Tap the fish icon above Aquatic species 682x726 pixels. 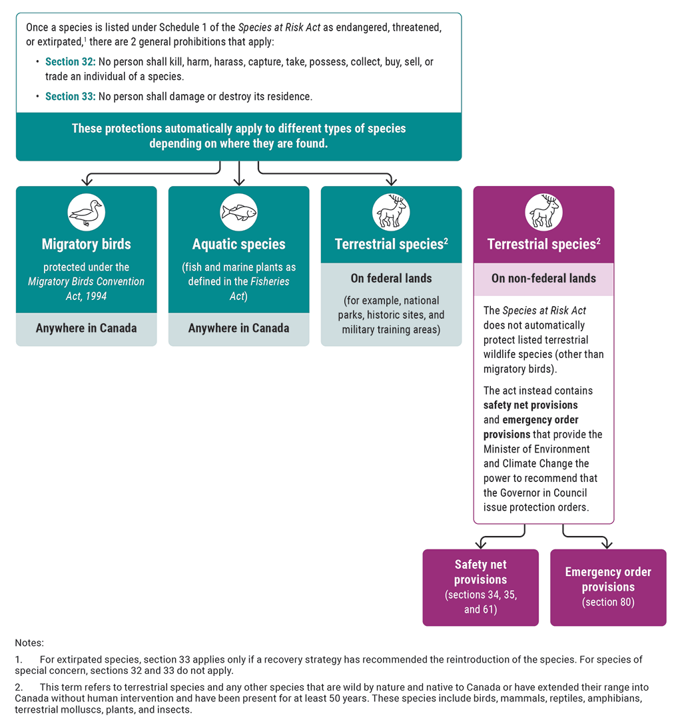(x=238, y=213)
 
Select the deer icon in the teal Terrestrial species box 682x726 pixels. (x=391, y=213)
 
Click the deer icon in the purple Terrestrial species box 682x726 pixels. (x=543, y=213)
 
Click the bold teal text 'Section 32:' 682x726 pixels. (x=71, y=62)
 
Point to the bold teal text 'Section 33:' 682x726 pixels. (x=71, y=97)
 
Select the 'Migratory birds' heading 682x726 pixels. (x=87, y=245)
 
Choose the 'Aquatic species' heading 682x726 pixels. (x=238, y=245)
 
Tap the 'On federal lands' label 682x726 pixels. (x=391, y=279)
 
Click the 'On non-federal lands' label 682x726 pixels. (x=543, y=279)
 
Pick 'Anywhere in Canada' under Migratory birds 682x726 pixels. (x=87, y=329)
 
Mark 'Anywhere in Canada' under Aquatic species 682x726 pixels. (x=238, y=329)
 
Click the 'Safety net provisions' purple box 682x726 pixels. (x=480, y=587)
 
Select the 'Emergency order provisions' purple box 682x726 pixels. (x=608, y=587)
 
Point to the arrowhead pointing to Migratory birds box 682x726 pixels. (x=87, y=181)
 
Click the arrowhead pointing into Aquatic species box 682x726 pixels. (x=238, y=181)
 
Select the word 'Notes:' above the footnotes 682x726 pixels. (x=29, y=643)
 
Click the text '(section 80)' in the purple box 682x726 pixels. (x=608, y=603)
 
